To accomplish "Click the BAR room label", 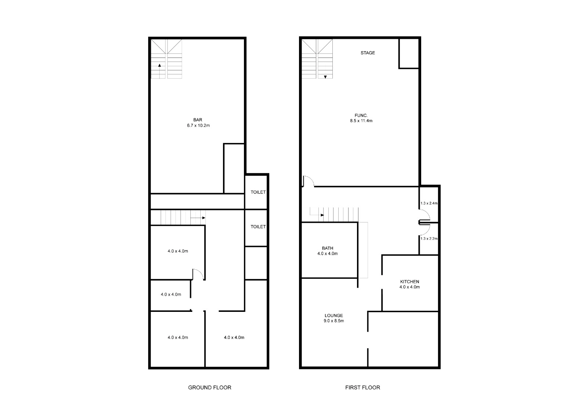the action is [198, 120].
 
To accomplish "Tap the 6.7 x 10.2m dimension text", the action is [198, 125].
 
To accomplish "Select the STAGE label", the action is [368, 53].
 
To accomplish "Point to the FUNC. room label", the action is [361, 115].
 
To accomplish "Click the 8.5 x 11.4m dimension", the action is [361, 121].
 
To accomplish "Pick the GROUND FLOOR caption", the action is [209, 388].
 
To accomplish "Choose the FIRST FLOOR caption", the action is [363, 388].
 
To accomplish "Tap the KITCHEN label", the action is [409, 281].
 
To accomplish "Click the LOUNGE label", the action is [333, 316].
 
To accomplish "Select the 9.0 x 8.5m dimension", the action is [334, 321].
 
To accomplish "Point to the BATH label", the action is [328, 248].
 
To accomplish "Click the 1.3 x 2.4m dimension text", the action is [429, 203].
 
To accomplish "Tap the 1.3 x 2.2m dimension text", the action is [429, 239].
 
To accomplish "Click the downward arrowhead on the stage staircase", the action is [325, 77].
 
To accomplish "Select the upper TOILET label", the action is [258, 192].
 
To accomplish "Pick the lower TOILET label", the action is [258, 226].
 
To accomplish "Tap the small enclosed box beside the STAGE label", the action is [409, 54].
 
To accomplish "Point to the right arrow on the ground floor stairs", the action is [198, 218].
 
